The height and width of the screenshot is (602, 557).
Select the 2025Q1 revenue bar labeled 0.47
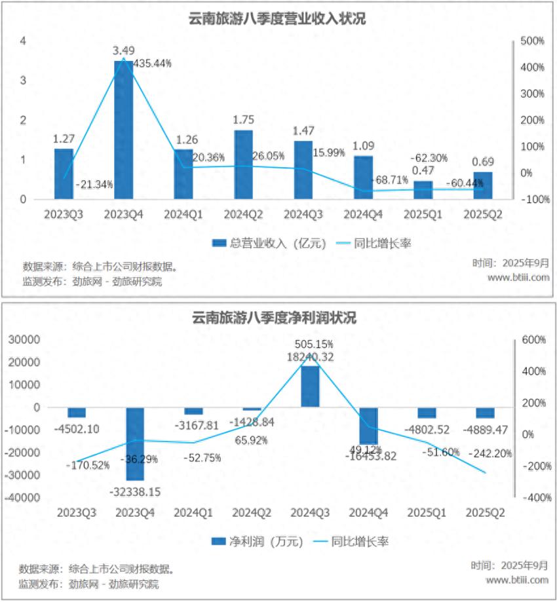pyautogui.click(x=423, y=190)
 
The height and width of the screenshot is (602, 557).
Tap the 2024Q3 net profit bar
pyautogui.click(x=310, y=386)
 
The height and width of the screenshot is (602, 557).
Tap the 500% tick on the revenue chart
pyautogui.click(x=532, y=41)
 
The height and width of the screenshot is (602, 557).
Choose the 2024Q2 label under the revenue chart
pyautogui.click(x=242, y=214)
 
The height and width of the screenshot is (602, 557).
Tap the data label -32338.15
pyautogui.click(x=136, y=491)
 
